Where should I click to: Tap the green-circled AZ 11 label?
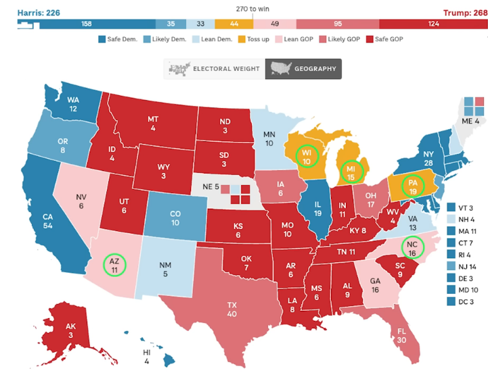(x=114, y=264)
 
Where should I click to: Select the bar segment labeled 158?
(x=87, y=24)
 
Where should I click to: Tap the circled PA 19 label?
(x=411, y=186)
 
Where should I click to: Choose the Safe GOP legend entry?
(x=386, y=39)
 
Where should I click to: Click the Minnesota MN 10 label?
(x=269, y=139)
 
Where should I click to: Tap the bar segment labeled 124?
(x=433, y=24)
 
